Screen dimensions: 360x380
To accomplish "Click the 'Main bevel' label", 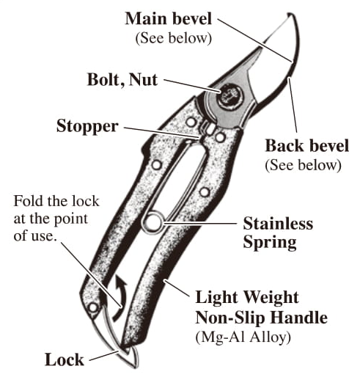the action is pos(168,18).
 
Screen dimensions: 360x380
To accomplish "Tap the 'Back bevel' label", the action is pos(307,145).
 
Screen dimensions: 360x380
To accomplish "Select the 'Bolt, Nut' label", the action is pos(122,80).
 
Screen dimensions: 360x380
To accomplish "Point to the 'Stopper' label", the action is pos(87,126).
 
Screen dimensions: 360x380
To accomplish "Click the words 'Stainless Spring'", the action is pos(278,233).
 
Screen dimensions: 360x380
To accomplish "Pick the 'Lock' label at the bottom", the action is pos(65,359).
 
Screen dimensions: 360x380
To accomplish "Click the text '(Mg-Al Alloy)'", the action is pos(243,337).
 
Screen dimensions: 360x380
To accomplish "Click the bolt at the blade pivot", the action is pos(229,96).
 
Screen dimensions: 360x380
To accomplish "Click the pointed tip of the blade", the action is pos(289,15).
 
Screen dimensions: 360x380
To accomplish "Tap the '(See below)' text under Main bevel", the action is pos(174,38).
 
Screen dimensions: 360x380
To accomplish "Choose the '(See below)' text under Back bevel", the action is pos(303,165).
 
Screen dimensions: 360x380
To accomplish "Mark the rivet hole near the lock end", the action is pos(93,307).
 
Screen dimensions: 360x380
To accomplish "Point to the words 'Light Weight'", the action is pos(247,297).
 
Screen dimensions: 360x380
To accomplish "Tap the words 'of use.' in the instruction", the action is pos(35,236).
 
